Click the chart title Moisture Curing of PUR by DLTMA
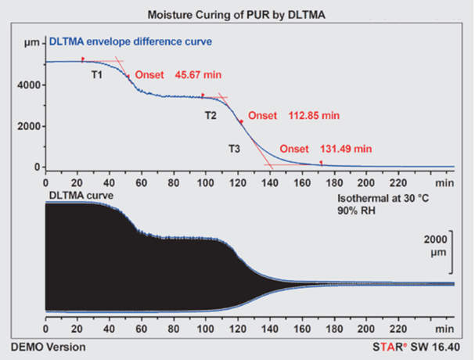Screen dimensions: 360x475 point(238,16)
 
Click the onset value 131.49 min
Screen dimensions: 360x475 point(346,149)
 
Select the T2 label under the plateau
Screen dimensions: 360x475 point(211,116)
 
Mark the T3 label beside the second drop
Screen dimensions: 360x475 point(234,149)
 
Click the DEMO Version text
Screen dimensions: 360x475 point(48,346)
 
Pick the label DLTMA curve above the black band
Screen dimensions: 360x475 point(83,193)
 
